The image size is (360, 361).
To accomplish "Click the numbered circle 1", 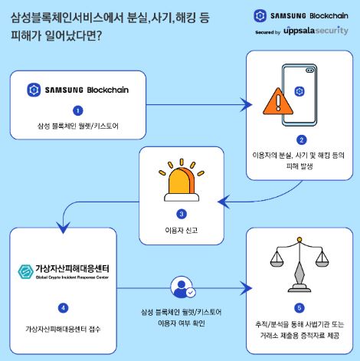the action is pyautogui.click(x=78, y=110).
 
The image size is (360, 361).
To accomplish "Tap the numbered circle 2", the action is pyautogui.click(x=301, y=139).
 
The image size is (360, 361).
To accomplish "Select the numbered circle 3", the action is pyautogui.click(x=182, y=214).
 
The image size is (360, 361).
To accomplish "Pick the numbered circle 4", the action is pyautogui.click(x=64, y=308).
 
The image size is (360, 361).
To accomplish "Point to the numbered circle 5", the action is pyautogui.click(x=299, y=308).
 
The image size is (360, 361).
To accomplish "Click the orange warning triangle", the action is pyautogui.click(x=278, y=101).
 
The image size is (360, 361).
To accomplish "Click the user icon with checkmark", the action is pyautogui.click(x=183, y=287).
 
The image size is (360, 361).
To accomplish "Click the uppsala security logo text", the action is pyautogui.click(x=316, y=31).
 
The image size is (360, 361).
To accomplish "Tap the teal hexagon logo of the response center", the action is pyautogui.click(x=25, y=271).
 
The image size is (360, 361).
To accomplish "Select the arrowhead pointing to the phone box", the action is pyautogui.click(x=246, y=105).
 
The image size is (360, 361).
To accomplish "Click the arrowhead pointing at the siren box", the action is pyautogui.click(x=224, y=202).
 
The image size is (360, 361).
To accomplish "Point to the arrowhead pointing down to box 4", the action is pyautogui.click(x=63, y=227).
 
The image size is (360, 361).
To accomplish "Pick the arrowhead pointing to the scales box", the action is pyautogui.click(x=246, y=288).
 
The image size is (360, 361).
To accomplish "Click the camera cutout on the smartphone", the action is pyautogui.click(x=309, y=70).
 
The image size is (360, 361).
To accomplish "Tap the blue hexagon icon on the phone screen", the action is pyautogui.click(x=299, y=91).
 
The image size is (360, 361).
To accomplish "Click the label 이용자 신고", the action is pyautogui.click(x=182, y=231).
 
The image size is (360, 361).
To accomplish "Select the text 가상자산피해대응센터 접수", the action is pyautogui.click(x=63, y=329).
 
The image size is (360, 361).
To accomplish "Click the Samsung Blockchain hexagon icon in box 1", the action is pyautogui.click(x=34, y=90).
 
